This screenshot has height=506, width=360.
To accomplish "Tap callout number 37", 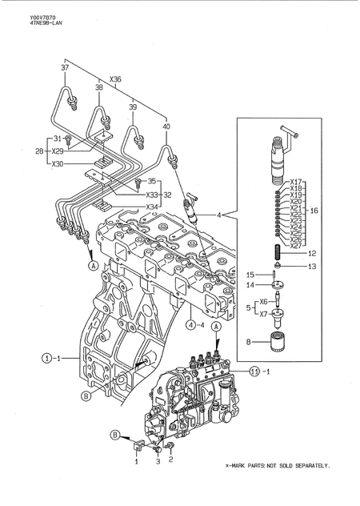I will [x=65, y=70].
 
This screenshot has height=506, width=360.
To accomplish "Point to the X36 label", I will [x=115, y=79].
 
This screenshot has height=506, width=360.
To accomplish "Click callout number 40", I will [x=166, y=126].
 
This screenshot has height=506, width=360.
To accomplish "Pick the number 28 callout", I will [x=38, y=151].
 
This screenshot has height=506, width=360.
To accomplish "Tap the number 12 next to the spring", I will [x=311, y=253].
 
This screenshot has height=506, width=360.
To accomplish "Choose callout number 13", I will [x=311, y=267].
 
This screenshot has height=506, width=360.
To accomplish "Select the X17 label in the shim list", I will [x=295, y=182].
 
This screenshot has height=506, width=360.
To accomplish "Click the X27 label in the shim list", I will [x=295, y=246].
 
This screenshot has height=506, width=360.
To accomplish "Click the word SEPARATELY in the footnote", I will [x=309, y=488].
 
